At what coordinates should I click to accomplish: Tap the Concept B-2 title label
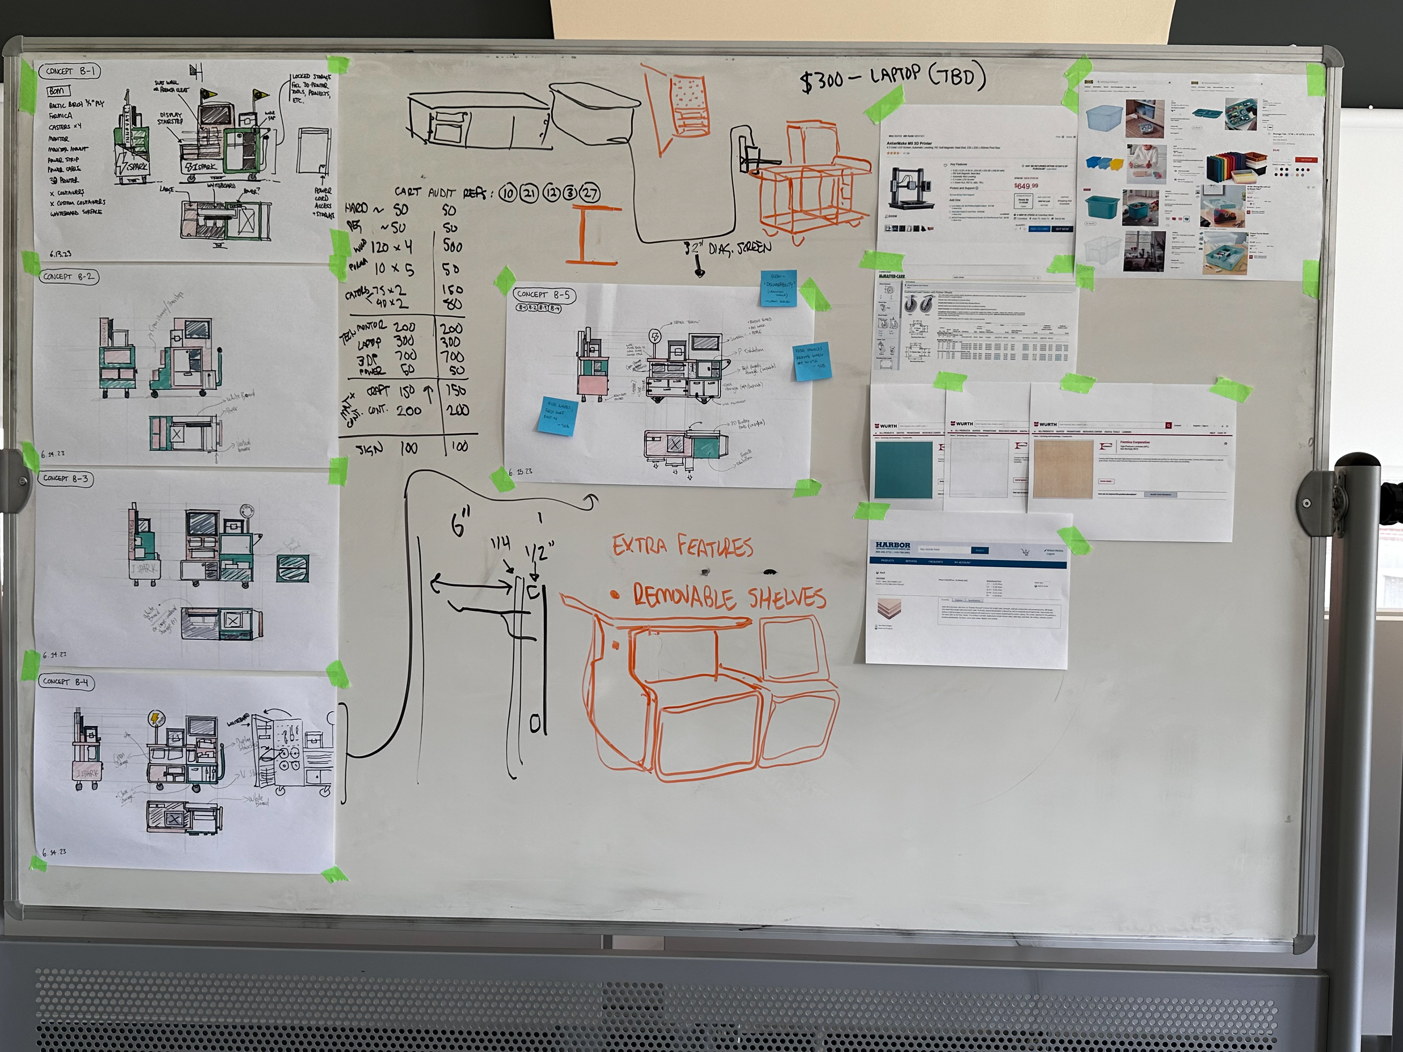pyautogui.click(x=68, y=277)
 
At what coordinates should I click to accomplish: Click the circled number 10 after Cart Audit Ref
pyautogui.click(x=507, y=193)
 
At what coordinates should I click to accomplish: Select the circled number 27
pyautogui.click(x=589, y=193)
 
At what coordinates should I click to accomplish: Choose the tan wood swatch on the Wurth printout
pyautogui.click(x=1061, y=470)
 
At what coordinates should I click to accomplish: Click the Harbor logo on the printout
pyautogui.click(x=893, y=545)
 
